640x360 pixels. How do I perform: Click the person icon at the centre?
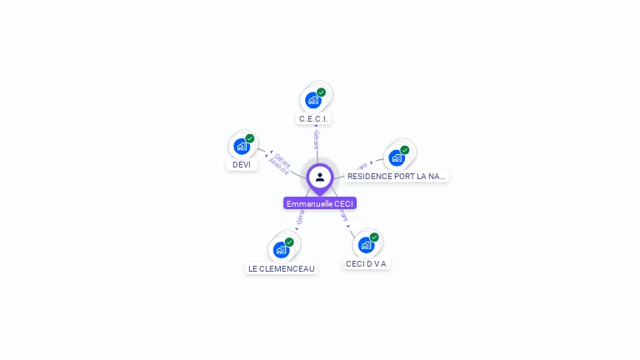(320, 177)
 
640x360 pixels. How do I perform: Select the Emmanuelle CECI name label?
(320, 203)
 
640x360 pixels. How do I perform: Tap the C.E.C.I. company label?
(313, 119)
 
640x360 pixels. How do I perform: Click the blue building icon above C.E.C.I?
(312, 101)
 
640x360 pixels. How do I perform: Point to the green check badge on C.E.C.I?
(322, 92)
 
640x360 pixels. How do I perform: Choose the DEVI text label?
(242, 165)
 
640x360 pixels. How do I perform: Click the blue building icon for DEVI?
(241, 147)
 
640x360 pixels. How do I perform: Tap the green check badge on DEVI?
(250, 138)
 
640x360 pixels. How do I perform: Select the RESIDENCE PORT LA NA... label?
(397, 177)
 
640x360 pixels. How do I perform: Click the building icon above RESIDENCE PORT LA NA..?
(396, 157)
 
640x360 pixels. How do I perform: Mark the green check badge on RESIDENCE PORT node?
(405, 150)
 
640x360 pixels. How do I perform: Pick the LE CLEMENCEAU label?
(282, 268)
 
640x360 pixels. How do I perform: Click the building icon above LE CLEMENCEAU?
(281, 249)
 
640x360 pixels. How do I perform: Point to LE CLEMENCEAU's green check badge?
(289, 242)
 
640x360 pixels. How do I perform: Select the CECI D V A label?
(367, 263)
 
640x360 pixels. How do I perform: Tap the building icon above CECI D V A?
(365, 245)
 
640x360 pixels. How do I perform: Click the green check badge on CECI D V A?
(374, 237)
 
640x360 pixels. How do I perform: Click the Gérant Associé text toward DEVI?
(280, 163)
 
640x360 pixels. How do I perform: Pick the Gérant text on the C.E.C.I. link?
(316, 140)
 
